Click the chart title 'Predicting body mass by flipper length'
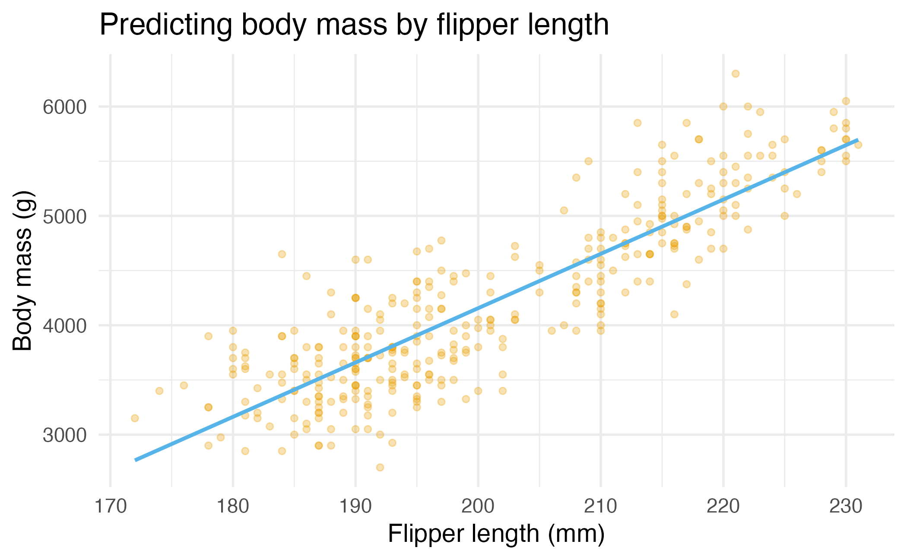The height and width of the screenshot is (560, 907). (x=354, y=25)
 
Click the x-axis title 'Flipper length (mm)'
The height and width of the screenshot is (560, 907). (x=496, y=534)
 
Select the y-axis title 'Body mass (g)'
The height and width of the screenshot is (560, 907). (x=22, y=271)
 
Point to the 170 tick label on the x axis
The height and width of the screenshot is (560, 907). (x=110, y=506)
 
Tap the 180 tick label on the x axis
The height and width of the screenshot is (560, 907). (x=233, y=506)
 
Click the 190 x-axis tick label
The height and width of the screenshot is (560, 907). (x=355, y=506)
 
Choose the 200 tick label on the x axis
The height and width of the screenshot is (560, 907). (x=478, y=506)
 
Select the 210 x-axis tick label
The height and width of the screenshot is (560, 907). (x=600, y=506)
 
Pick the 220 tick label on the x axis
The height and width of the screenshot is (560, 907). (x=723, y=506)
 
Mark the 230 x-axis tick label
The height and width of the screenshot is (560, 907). (x=846, y=506)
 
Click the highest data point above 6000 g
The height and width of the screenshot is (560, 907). (x=736, y=74)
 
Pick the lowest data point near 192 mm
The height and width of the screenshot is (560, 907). (x=380, y=467)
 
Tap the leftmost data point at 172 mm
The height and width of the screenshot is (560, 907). (x=135, y=418)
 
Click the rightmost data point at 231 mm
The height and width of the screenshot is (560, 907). (x=858, y=145)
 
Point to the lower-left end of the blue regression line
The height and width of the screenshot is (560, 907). (x=136, y=460)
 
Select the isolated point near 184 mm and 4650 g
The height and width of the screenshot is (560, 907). (x=282, y=254)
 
